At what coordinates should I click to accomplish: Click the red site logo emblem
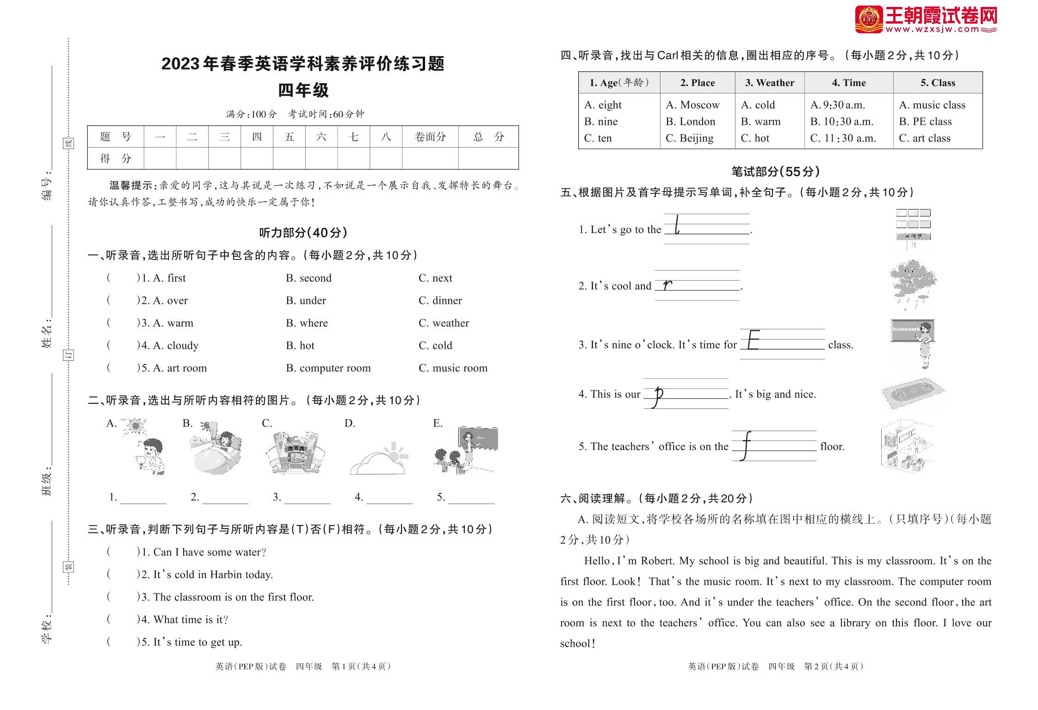[868, 20]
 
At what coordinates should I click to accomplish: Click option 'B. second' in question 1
[309, 278]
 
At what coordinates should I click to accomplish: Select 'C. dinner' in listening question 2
[440, 301]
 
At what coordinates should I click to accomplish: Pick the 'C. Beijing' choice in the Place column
[689, 138]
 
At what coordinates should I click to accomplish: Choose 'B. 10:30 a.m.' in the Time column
[841, 122]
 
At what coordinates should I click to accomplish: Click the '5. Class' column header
[937, 83]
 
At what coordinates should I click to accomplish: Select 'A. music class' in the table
[932, 105]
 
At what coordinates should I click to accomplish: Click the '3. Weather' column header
[769, 83]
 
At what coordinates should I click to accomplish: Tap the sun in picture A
[135, 425]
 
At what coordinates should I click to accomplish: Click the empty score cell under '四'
[257, 159]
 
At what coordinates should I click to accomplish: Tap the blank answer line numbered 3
[307, 498]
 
